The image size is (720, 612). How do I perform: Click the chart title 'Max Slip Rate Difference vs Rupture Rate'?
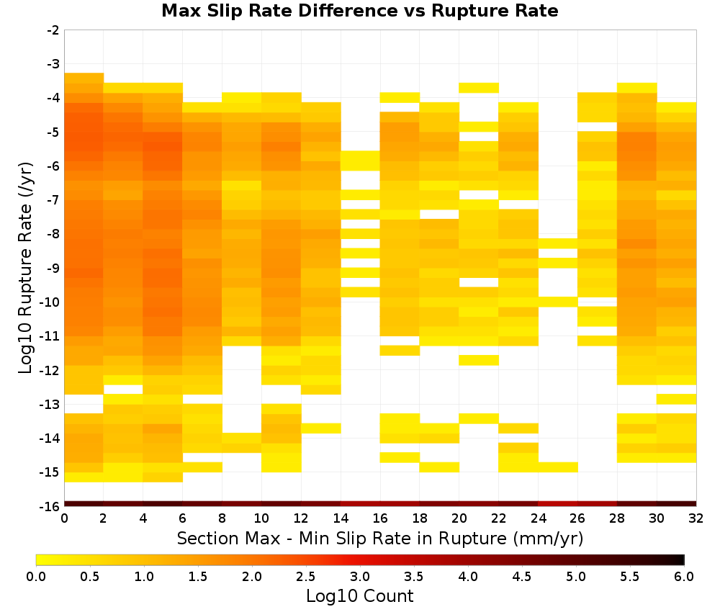[359, 11]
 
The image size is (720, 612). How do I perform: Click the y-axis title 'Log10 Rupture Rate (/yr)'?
[26, 268]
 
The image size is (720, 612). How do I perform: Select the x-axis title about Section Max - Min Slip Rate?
[380, 539]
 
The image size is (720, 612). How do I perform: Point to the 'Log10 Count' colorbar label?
[359, 596]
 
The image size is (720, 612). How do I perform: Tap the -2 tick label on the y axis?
[53, 30]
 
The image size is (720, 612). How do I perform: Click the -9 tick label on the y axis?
[53, 268]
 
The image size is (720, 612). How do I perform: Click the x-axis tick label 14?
[341, 518]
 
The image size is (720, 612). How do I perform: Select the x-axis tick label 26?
[577, 518]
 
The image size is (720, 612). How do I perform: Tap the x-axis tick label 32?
[696, 518]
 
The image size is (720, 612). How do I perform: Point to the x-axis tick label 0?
[64, 518]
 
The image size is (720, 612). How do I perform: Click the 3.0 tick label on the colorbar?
[360, 577]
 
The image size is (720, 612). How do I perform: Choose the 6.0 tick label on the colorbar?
[684, 577]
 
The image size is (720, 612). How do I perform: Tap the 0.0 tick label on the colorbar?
[36, 577]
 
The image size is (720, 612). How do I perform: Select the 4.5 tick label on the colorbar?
[522, 577]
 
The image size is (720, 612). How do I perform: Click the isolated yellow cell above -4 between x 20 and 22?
[479, 88]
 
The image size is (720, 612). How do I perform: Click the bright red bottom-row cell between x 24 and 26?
[558, 504]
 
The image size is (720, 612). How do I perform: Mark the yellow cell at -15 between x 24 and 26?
[558, 467]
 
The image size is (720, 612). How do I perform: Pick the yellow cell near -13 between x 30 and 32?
[676, 399]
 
